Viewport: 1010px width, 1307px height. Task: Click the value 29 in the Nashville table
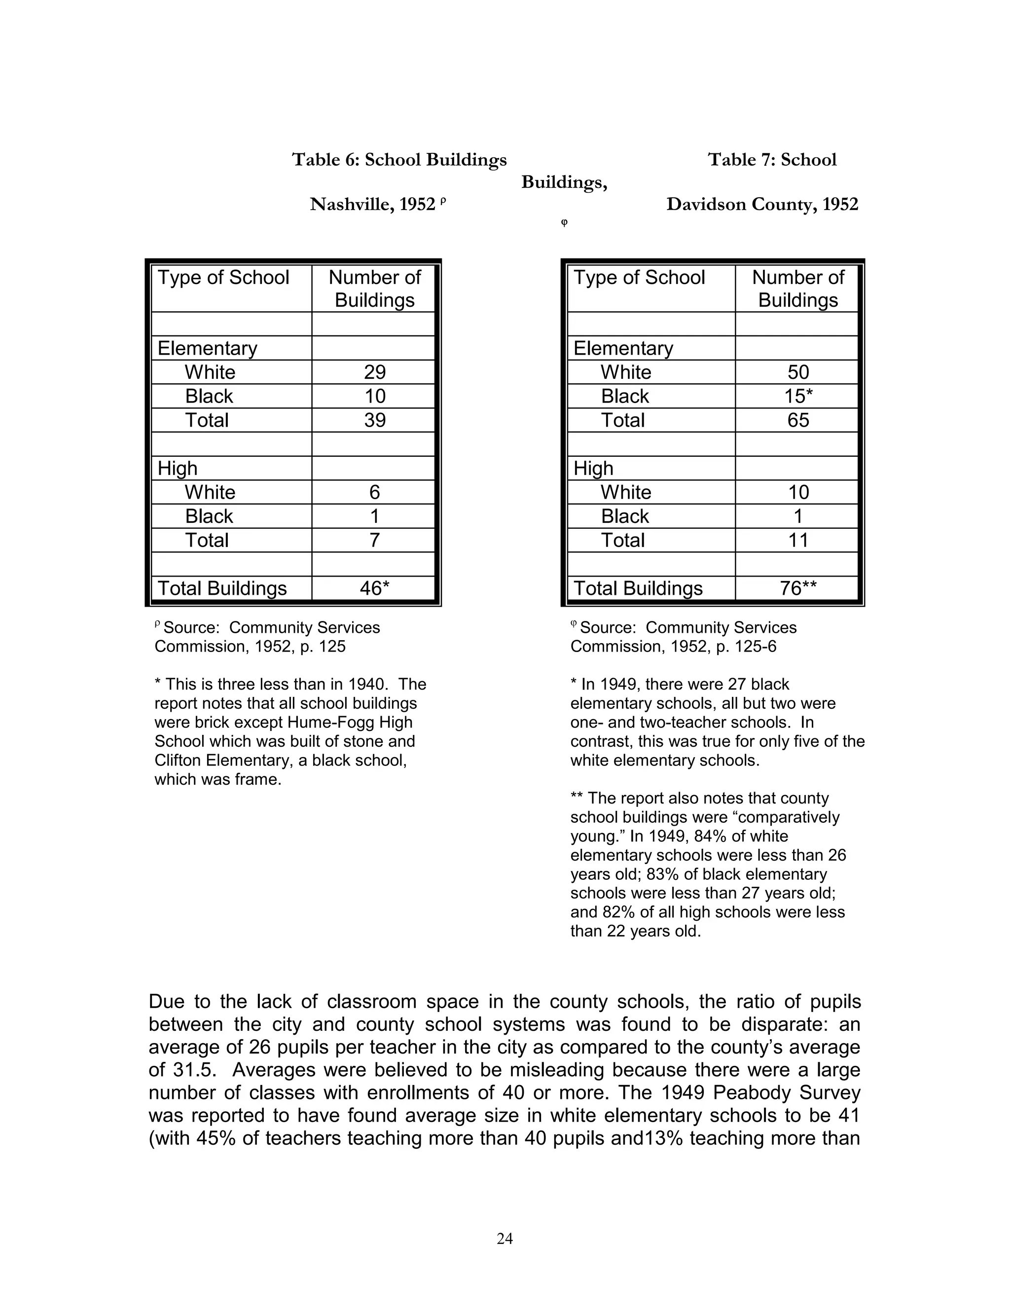375,372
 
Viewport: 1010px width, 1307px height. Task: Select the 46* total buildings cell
375,588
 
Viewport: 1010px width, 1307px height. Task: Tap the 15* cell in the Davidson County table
798,396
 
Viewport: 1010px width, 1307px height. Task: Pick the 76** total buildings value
798,588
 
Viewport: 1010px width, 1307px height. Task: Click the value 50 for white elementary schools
798,372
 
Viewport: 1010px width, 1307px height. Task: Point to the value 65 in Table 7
798,420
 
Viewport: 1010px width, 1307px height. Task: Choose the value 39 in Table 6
375,420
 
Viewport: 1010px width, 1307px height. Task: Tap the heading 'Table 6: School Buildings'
399,160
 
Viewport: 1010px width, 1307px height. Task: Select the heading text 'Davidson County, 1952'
762,205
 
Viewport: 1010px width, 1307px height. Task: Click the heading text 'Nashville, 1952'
372,205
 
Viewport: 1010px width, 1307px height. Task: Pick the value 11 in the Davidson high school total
798,541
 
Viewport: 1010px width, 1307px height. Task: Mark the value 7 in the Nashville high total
375,541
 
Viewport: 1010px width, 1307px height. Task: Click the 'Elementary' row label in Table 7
623,348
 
